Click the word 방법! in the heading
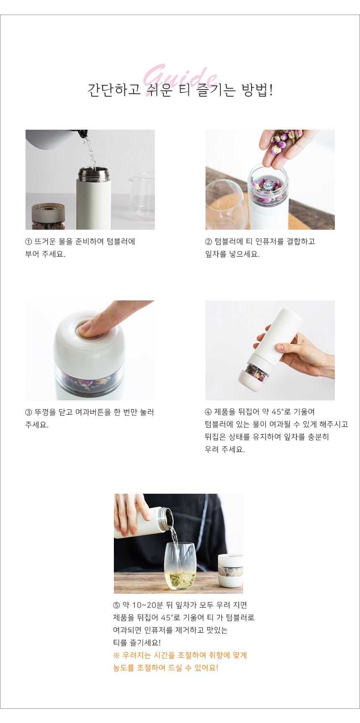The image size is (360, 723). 257,90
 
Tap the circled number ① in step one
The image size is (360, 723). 28,242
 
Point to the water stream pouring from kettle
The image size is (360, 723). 90,153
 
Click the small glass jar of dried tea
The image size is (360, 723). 49,217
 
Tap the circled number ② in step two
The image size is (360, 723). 208,242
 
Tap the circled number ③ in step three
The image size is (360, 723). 28,413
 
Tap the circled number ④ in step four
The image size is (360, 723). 208,412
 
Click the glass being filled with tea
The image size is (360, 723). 180,567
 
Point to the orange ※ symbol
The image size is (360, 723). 116,656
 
